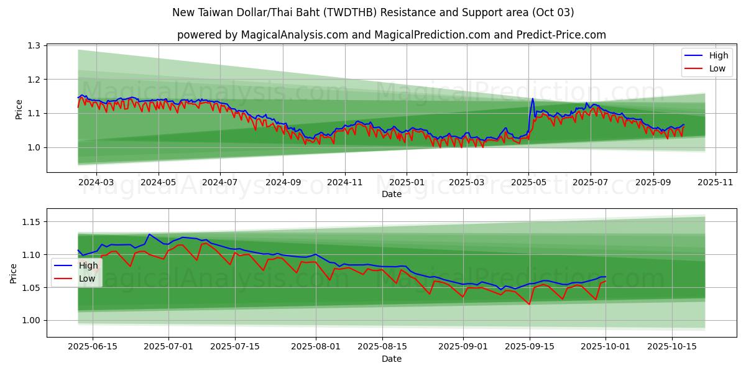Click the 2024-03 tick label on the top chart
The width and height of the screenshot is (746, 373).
(x=96, y=183)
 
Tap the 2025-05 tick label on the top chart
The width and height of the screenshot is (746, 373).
(x=528, y=183)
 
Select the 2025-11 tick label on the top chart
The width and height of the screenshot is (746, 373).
(x=715, y=183)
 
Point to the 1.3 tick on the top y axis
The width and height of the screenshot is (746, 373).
(x=33, y=46)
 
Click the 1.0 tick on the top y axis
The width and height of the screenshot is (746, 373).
(x=33, y=147)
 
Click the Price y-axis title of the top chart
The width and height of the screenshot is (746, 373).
(x=19, y=109)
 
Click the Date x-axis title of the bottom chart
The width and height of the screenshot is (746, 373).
(x=392, y=359)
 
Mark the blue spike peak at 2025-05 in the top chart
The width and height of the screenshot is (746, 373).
(x=532, y=98)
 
